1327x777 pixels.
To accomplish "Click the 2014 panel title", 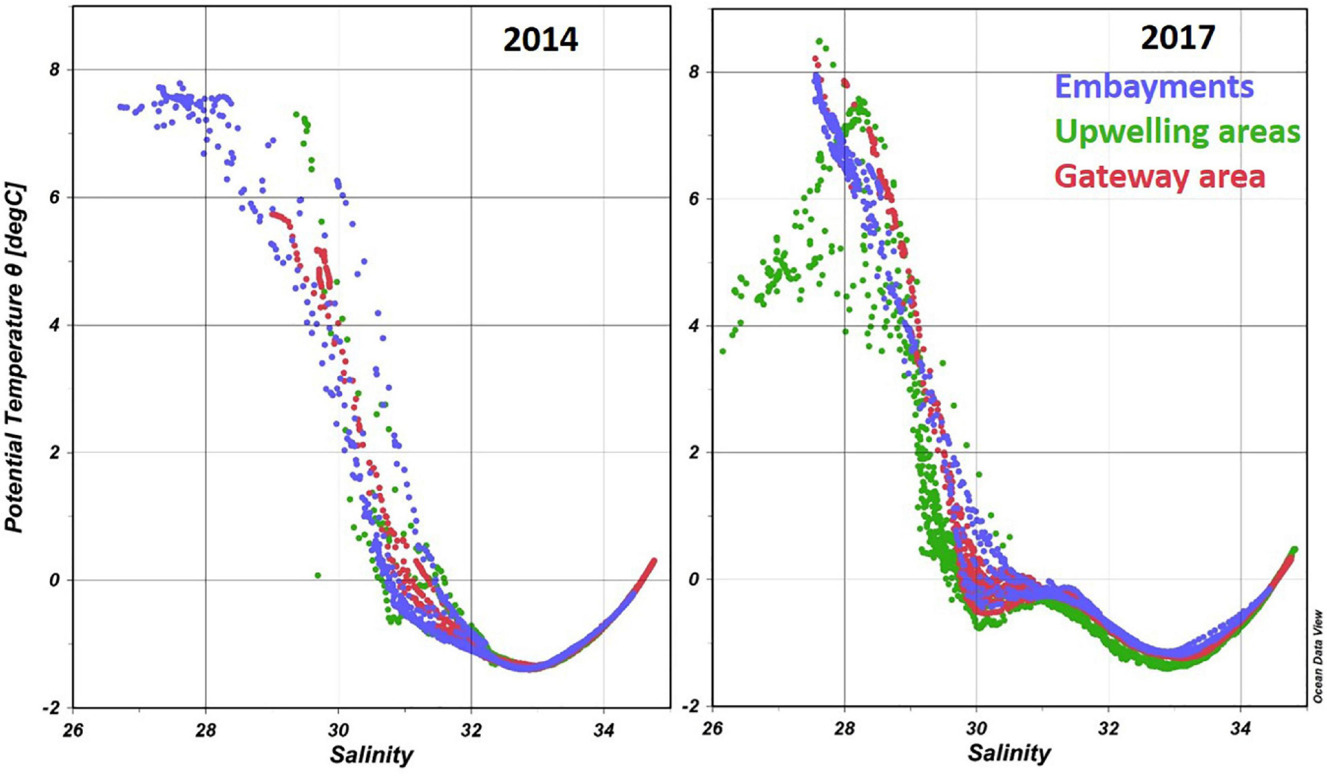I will pyautogui.click(x=540, y=40).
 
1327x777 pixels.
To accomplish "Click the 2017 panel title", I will pyautogui.click(x=1178, y=38).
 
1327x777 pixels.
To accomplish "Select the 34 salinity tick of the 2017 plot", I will pyautogui.click(x=1240, y=729).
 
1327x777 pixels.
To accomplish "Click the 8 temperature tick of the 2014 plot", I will pyautogui.click(x=54, y=71).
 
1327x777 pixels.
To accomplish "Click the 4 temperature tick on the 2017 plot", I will pyautogui.click(x=692, y=326).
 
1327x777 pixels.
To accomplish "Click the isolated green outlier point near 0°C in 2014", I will pyautogui.click(x=317, y=575).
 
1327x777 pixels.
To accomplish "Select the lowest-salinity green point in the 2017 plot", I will pyautogui.click(x=722, y=351).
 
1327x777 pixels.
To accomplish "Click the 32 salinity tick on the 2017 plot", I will pyautogui.click(x=1108, y=729).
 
